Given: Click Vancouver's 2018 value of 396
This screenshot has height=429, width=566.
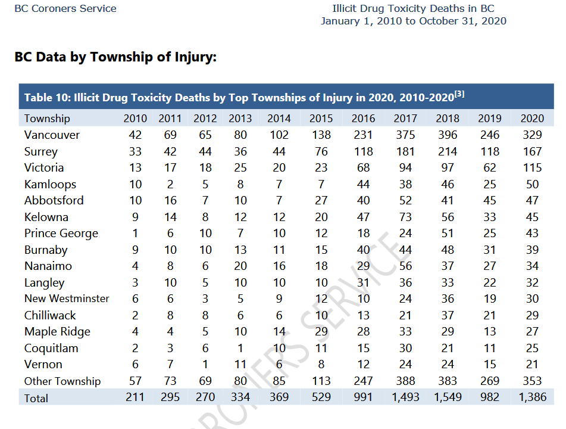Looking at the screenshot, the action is [x=448, y=135].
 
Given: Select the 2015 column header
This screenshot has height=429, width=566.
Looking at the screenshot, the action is [x=321, y=118].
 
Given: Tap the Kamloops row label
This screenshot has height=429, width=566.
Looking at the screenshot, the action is [x=50, y=185].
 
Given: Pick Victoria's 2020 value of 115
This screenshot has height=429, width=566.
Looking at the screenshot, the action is [x=532, y=167].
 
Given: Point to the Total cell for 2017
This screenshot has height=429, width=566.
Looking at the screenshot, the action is [x=405, y=397].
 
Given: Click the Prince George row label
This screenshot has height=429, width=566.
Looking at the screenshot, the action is [x=61, y=234].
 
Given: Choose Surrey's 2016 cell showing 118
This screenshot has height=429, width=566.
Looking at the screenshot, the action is [x=363, y=151].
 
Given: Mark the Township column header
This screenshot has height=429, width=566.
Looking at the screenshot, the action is [x=47, y=119].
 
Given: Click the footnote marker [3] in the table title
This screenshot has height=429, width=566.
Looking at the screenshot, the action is [x=459, y=94].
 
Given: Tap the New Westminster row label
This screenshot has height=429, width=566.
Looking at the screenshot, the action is [x=67, y=299].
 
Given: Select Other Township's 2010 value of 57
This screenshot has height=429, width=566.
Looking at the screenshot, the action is [x=135, y=381].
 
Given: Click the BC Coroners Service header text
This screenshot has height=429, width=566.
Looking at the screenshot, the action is [x=65, y=9].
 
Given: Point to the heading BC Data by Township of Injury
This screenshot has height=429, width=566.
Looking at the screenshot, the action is [x=115, y=57].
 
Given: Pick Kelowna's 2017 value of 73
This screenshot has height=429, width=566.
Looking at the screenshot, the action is [x=405, y=217].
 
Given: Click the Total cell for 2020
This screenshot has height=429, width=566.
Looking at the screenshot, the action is [x=533, y=397].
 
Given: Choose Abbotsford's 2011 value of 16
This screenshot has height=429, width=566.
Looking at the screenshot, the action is [x=170, y=201].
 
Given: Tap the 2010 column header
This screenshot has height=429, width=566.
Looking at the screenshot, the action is [x=135, y=118].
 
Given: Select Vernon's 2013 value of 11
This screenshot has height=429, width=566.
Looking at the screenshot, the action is [x=240, y=364].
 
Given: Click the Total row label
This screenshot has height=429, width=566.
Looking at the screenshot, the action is [x=36, y=398].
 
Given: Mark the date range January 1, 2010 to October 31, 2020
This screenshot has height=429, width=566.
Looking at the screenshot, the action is [x=413, y=21].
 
